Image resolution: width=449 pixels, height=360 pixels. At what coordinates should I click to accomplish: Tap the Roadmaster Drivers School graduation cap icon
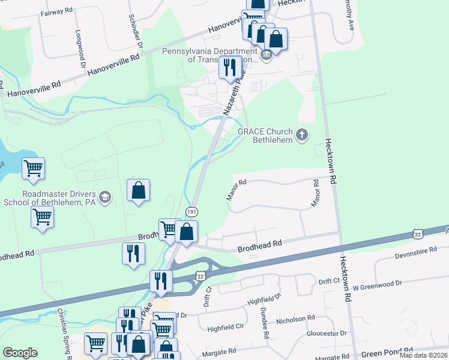point(105,197)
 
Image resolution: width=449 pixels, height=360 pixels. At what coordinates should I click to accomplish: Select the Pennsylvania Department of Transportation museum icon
point(267,55)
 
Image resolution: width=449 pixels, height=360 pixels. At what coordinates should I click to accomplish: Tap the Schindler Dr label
point(136,31)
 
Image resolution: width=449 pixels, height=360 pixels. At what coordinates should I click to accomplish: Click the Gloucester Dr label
point(327,333)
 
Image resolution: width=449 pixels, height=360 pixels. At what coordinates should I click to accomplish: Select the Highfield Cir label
point(225,328)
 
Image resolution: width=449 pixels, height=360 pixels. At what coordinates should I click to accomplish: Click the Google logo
point(20,353)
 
